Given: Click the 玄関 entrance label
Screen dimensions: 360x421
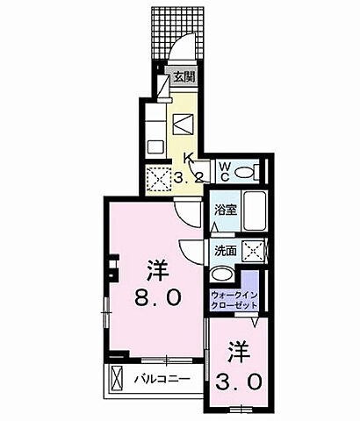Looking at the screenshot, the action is coord(184,77).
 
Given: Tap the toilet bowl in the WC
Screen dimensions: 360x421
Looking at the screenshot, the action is coord(245,172).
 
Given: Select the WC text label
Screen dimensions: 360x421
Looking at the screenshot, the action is coord(224,172).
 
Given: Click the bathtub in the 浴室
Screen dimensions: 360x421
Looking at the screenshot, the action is coord(255,210).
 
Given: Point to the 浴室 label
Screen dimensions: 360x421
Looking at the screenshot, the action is coord(226,210).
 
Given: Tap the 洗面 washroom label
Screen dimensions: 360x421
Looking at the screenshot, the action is coord(226,251).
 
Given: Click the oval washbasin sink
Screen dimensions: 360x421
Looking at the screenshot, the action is coord(221,275).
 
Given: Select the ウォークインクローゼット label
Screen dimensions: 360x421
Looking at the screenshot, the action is coord(234,301).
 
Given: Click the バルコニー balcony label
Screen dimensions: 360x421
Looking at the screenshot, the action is coord(162,379).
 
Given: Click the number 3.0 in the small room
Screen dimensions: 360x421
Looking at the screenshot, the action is coord(238,382).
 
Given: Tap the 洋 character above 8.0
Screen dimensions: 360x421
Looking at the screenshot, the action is coord(158,270).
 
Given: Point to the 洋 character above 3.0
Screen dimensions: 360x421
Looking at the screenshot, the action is coord(239,352).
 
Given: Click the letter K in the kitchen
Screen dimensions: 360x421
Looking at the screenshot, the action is coord(187,158).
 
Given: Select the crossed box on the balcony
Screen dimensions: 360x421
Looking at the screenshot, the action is coord(117,379).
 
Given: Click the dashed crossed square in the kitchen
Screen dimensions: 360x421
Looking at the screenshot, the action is coord(159,179).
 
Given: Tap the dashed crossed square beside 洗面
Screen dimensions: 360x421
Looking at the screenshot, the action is coord(254,251).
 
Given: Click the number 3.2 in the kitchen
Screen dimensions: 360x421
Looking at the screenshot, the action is coord(188,177).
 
